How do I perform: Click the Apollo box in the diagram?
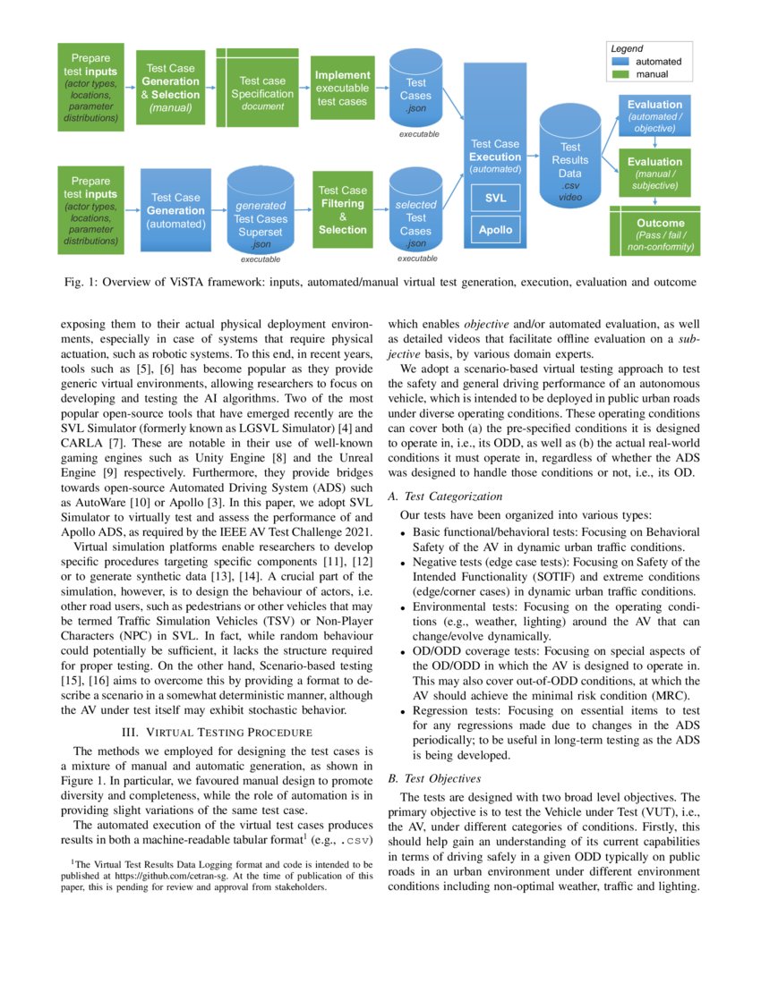click(495, 230)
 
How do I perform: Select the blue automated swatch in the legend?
click(627, 62)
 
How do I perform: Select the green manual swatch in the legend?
click(627, 75)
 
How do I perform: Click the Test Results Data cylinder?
click(569, 165)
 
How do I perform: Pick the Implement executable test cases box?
click(342, 89)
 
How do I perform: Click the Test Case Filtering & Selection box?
click(342, 210)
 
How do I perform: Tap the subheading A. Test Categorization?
click(445, 496)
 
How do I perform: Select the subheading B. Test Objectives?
click(436, 778)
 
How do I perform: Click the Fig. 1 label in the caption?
click(81, 282)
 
